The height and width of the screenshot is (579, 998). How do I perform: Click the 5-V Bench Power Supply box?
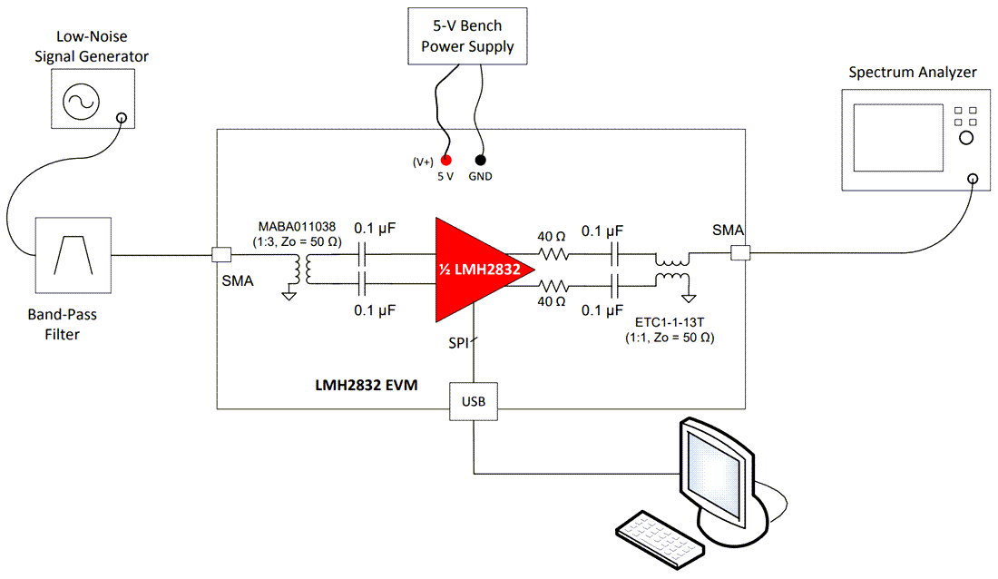tap(467, 37)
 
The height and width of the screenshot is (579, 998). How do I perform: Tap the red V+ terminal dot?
tap(445, 161)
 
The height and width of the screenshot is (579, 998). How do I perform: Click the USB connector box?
tap(474, 401)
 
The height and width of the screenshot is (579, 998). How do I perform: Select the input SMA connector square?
tap(218, 255)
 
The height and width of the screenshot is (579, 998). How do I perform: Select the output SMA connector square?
tap(739, 255)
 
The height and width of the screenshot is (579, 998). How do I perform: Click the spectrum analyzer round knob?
tap(965, 138)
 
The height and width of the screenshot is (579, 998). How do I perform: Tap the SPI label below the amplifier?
tap(457, 344)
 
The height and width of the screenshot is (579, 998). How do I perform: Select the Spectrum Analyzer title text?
tap(913, 72)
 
